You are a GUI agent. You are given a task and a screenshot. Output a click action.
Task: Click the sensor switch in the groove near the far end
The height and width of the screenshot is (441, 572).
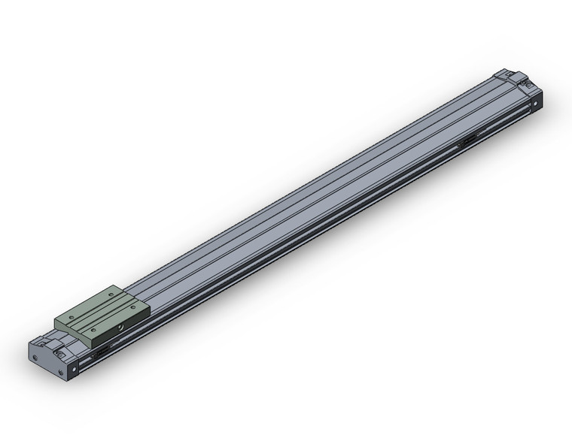(467, 140)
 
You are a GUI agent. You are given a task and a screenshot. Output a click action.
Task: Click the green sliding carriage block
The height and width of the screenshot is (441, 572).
(102, 312)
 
